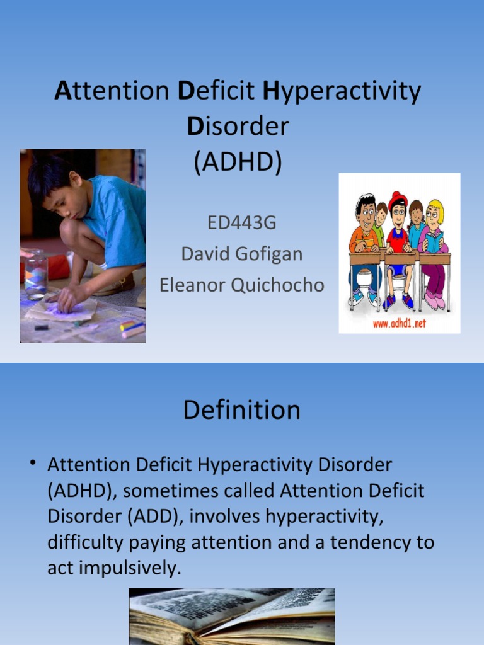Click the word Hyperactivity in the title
coord(341,92)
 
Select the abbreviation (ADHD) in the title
coord(238,162)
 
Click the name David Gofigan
coord(242,254)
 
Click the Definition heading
coord(242,411)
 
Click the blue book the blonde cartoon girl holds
coord(434,241)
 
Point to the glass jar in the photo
coord(36,273)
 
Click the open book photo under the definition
coord(232,616)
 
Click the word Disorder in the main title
coord(238,127)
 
